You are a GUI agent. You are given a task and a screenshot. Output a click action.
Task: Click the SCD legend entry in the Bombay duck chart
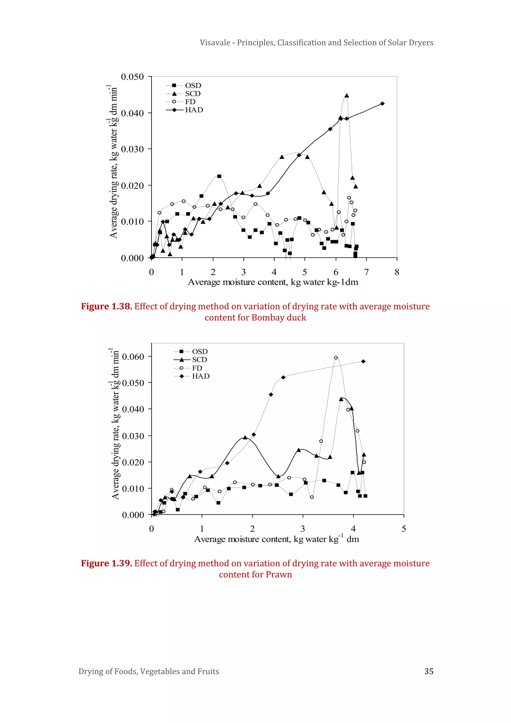point(193,93)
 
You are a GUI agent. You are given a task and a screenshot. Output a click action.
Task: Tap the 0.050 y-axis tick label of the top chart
point(132,77)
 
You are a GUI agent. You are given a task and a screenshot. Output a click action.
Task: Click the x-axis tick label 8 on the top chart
point(397,272)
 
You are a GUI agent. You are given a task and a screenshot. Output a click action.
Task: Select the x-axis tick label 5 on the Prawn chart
point(404,529)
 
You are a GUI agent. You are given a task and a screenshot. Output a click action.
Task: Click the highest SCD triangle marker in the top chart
point(346,96)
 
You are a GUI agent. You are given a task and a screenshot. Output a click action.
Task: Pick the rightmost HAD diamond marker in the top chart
point(382,104)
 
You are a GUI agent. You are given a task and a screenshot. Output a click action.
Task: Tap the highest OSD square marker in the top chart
point(219,176)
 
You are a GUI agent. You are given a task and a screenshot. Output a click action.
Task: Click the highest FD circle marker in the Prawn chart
point(336,358)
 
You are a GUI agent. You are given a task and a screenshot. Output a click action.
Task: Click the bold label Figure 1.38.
point(106,306)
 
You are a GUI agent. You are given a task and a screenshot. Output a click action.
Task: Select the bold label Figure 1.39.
point(106,563)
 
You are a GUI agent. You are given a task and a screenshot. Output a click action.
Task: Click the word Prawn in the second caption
point(278,574)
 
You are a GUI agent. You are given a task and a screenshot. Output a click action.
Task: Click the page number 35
point(429,671)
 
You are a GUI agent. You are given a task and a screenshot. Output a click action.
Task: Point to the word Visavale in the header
point(215,43)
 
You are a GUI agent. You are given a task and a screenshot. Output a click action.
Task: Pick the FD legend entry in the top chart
point(190,102)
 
